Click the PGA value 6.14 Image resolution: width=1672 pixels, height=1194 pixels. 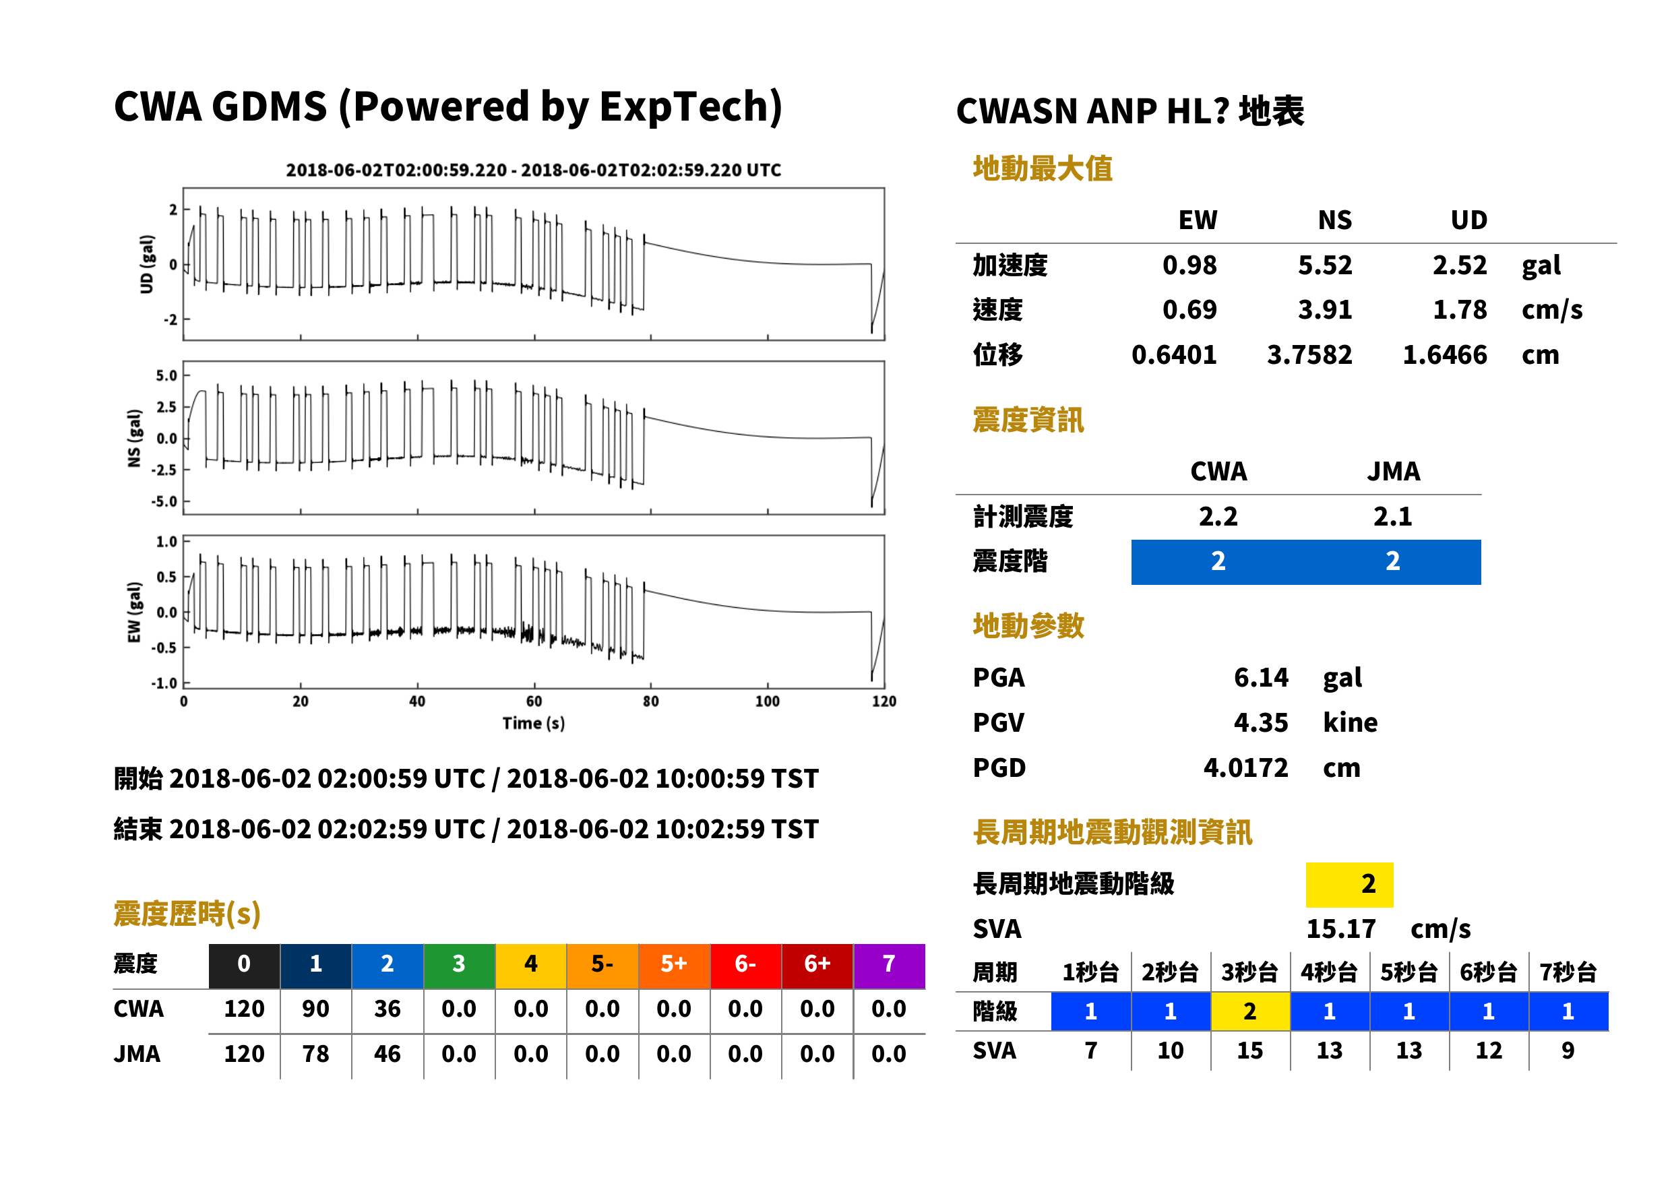[1260, 677]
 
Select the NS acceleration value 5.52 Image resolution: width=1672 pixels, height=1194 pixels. [1324, 265]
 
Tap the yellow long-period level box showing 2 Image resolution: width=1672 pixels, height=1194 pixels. [1349, 884]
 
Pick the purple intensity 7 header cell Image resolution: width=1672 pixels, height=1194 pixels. [889, 966]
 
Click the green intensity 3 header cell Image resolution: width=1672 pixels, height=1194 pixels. [459, 966]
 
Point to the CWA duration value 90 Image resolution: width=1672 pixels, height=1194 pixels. [315, 1009]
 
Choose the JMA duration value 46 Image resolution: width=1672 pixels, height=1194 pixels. [387, 1054]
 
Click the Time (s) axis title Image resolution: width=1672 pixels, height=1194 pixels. [534, 724]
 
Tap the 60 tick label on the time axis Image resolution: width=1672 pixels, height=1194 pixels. [534, 701]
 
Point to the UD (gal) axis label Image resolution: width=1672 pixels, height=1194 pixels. [147, 264]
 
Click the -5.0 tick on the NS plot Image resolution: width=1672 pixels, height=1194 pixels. [164, 501]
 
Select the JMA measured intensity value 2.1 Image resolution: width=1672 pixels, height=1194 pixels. [1392, 516]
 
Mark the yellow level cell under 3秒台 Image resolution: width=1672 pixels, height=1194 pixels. [1250, 1011]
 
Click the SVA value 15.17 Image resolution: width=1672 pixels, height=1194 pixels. [1340, 929]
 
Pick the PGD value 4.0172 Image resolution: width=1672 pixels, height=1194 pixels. [1245, 767]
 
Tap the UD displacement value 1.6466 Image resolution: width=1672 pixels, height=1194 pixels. [1445, 354]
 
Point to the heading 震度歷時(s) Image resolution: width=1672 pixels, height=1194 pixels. [187, 914]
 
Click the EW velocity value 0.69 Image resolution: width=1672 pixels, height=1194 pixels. [1189, 309]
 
